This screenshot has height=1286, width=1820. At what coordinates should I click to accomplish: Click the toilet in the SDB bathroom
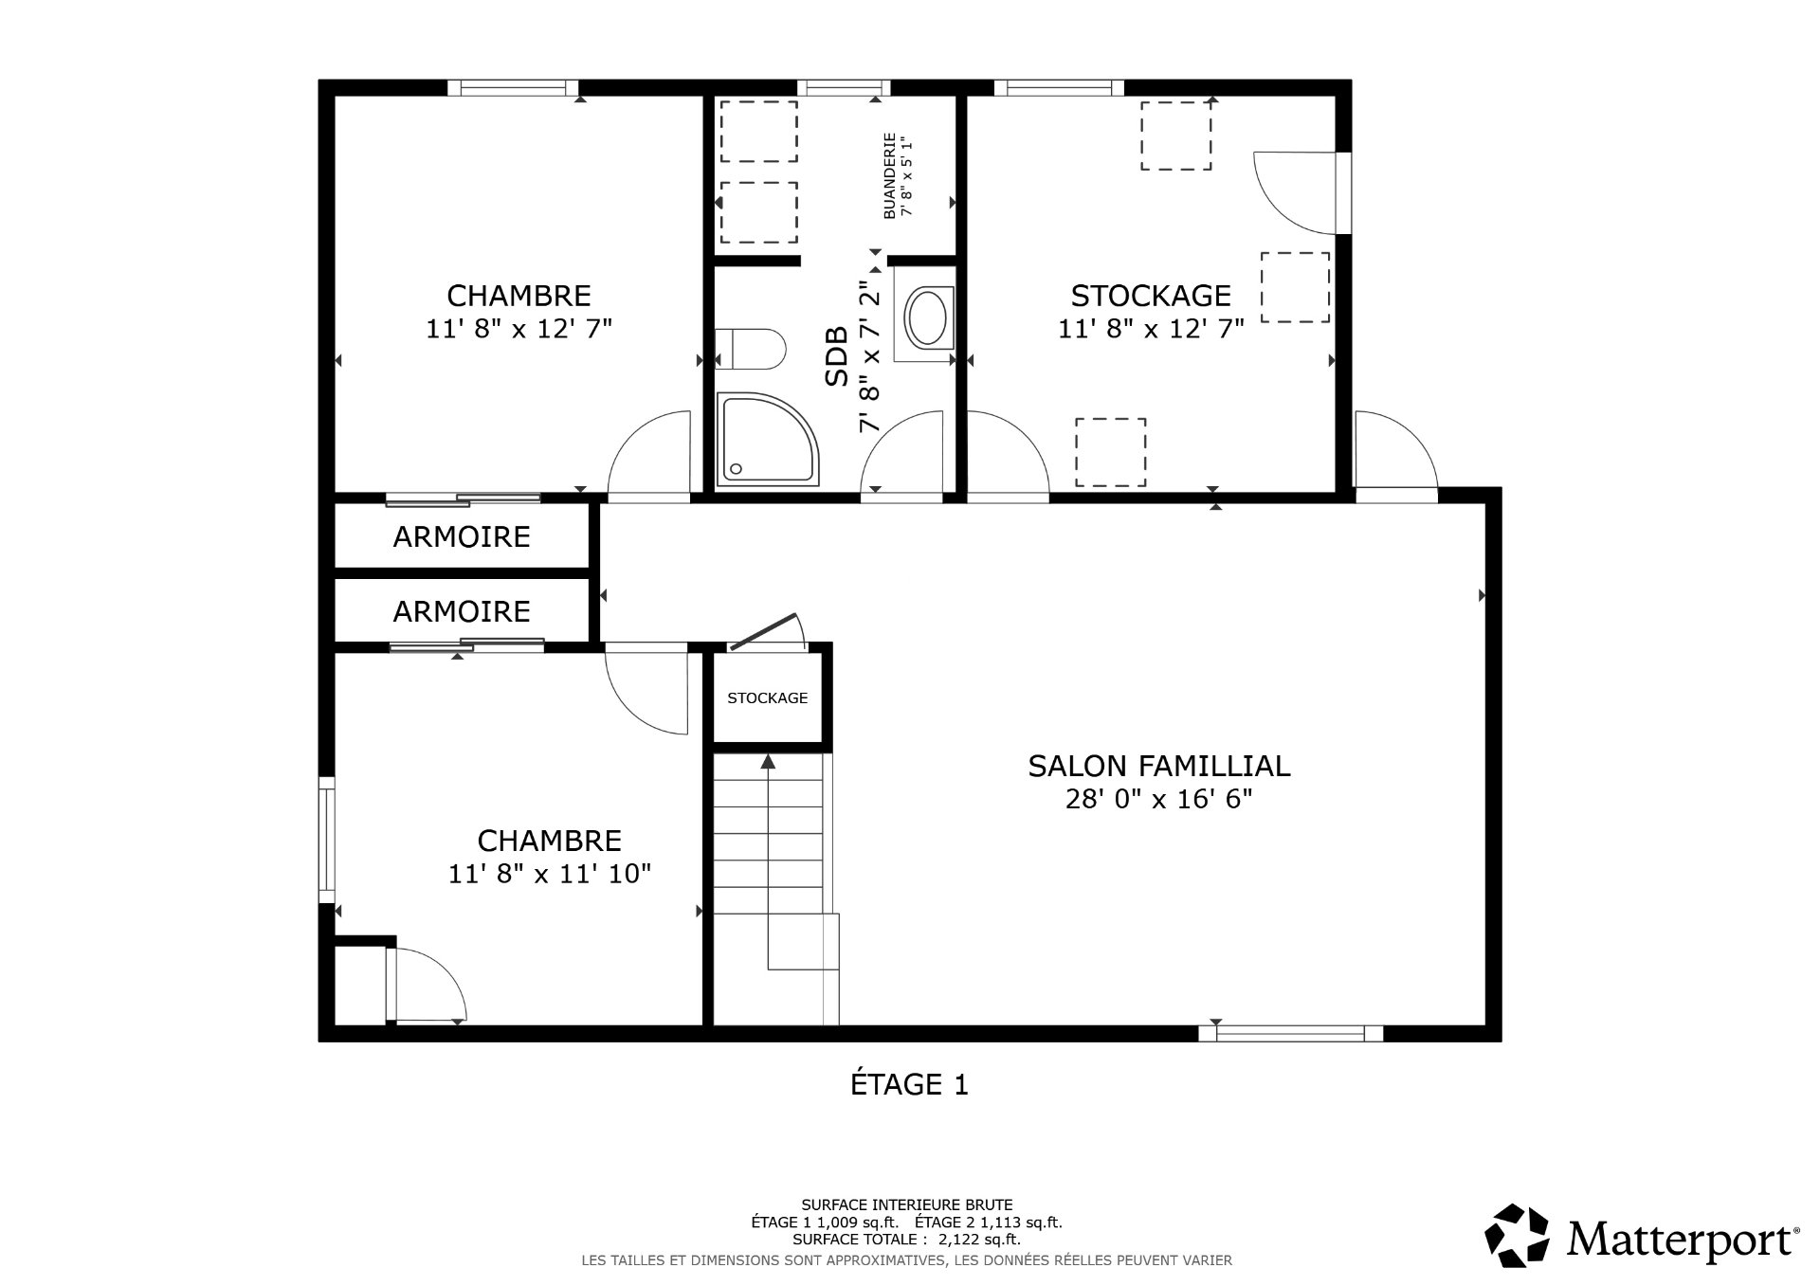753,348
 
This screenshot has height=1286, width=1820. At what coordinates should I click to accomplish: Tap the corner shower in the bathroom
766,438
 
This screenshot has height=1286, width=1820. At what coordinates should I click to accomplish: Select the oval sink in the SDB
926,317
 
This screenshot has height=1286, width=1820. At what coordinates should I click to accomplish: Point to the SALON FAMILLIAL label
1158,766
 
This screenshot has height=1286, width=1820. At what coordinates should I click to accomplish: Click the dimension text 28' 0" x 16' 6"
1158,800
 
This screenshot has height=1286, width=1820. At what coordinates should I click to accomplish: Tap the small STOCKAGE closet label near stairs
767,698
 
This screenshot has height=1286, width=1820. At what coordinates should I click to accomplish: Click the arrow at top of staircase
768,761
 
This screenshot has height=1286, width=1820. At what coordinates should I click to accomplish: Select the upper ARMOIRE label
462,537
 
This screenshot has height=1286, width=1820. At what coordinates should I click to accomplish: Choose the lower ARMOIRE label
462,612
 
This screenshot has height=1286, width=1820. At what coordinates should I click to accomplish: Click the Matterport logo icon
1517,1236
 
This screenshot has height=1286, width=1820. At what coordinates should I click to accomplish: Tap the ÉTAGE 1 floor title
909,1084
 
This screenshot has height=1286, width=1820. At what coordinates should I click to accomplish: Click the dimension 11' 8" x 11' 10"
550,874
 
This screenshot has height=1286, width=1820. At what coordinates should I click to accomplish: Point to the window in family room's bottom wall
1290,1033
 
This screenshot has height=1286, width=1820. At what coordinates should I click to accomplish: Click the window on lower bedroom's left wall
326,840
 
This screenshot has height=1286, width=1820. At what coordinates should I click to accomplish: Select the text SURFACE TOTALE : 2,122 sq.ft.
906,1239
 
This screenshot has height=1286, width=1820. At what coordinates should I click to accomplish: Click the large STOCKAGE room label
1151,296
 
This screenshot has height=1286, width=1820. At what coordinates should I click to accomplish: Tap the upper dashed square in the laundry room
758,132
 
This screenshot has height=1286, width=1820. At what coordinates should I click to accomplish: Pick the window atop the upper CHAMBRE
513,88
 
